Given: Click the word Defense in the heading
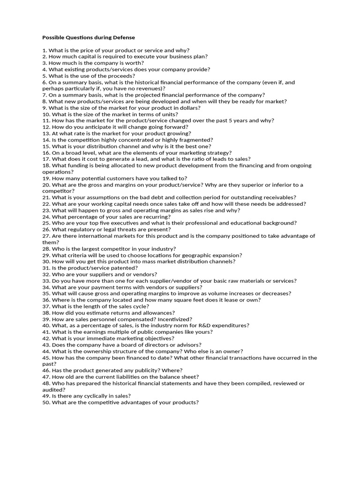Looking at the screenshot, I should pos(123,37).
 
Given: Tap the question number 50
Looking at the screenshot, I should pos(45,402).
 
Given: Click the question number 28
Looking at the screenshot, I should pos(45,248).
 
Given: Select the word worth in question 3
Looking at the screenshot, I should pos(135,63).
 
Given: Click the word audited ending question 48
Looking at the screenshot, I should pos(52,389).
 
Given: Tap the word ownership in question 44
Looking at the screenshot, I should pos(104,351).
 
